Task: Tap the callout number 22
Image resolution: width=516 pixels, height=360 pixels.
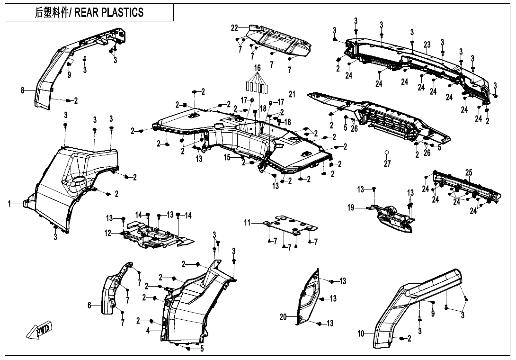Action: point(234,28)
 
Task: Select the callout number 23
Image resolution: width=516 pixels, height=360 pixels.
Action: point(427,45)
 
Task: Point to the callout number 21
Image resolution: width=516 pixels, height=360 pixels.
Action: point(292,95)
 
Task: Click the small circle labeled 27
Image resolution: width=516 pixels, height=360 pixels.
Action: point(387,153)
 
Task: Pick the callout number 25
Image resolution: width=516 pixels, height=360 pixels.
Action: point(468,173)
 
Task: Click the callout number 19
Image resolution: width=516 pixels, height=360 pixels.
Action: point(351,207)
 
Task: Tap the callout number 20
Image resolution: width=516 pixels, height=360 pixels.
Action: point(283,317)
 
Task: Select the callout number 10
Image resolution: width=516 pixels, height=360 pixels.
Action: point(361,334)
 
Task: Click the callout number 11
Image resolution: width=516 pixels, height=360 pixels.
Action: point(247,222)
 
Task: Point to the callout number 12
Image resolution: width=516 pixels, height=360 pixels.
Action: point(108,233)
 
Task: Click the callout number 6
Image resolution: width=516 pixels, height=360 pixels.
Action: point(89,306)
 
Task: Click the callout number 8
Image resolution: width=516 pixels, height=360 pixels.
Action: point(22,90)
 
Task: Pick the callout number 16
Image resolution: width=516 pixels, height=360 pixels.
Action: point(257,68)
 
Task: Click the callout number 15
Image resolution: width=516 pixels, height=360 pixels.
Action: point(227,157)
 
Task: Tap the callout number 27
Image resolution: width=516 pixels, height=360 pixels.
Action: point(387,163)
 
